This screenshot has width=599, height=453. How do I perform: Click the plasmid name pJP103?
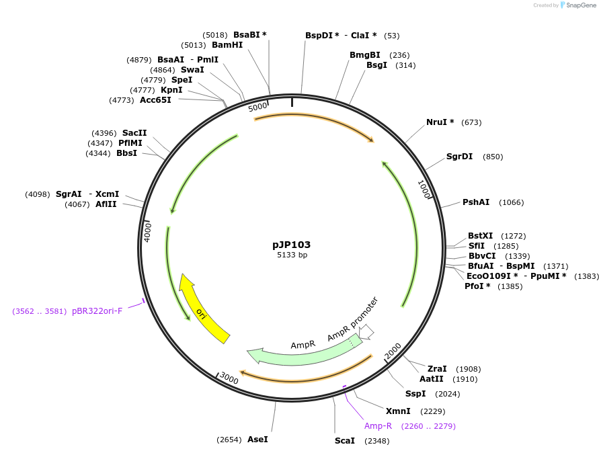291,245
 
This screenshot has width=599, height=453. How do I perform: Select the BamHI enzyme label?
227,45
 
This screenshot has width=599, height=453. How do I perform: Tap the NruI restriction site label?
440,122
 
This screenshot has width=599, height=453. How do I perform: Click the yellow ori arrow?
202,311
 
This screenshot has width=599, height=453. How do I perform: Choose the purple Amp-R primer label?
378,425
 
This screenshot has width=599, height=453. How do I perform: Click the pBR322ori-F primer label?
97,311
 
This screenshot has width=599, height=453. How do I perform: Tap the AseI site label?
257,439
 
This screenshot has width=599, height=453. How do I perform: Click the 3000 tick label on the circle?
229,379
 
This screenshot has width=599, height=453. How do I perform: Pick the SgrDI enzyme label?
459,157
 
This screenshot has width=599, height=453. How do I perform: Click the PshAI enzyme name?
475,202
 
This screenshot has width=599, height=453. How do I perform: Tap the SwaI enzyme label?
192,70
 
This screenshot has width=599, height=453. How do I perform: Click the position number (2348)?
376,441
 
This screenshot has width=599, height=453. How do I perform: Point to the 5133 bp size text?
292,255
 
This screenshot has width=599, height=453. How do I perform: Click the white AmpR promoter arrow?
366,331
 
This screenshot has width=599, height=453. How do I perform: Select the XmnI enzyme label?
398,411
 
